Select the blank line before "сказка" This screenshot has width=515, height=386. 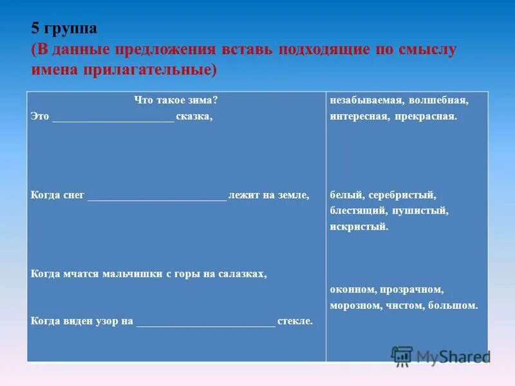113,117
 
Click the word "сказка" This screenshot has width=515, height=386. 194,117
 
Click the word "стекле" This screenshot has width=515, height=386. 295,320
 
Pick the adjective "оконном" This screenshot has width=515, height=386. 351,289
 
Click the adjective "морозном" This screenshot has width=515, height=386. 355,306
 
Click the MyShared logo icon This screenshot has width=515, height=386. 402,356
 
